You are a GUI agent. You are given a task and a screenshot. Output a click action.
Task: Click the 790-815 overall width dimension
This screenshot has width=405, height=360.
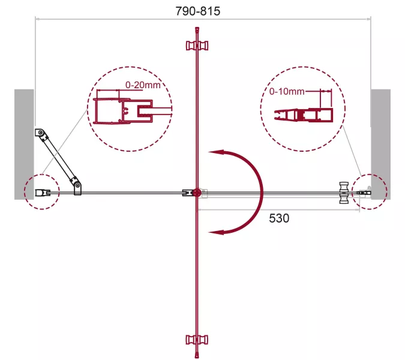[198, 11]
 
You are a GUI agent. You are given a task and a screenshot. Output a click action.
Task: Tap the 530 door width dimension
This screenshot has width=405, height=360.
[279, 218]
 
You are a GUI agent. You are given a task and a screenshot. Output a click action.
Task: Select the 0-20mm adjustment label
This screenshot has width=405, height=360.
[143, 85]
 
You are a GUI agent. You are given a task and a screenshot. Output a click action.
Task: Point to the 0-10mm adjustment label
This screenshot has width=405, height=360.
[287, 91]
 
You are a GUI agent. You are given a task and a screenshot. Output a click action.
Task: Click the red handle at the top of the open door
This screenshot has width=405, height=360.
[197, 46]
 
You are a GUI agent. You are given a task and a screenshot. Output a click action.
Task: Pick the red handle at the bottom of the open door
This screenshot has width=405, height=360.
[197, 340]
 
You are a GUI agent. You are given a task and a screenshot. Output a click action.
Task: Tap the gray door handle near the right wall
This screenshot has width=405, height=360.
[344, 193]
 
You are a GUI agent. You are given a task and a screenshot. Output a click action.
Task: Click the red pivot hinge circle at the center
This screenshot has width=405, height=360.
[197, 193]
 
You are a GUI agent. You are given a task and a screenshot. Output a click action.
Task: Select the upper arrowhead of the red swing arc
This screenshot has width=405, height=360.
[217, 152]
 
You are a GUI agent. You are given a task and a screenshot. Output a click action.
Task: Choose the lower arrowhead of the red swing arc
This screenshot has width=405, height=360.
[217, 232]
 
